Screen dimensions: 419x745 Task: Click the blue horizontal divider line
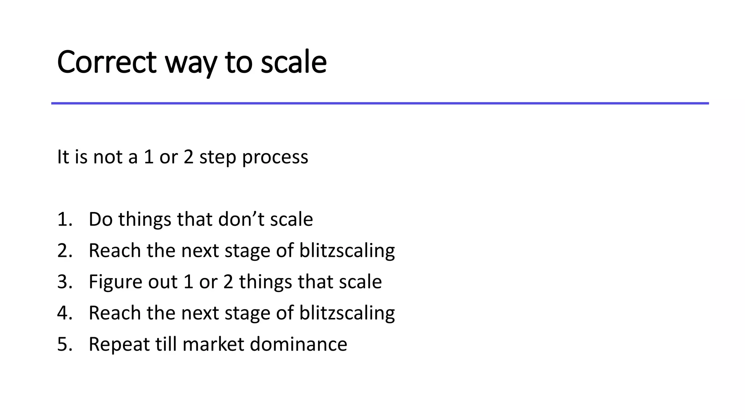point(380,103)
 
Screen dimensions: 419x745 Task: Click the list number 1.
point(64,219)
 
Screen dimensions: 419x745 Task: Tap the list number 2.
point(64,251)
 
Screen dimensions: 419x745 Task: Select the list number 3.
point(64,282)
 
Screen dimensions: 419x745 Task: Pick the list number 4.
point(64,313)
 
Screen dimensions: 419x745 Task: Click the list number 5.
point(64,344)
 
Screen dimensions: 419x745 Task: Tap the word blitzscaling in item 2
point(347,251)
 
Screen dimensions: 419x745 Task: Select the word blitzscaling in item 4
point(347,314)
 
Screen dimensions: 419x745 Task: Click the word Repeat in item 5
point(119,345)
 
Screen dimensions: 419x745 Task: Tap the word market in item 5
point(213,344)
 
